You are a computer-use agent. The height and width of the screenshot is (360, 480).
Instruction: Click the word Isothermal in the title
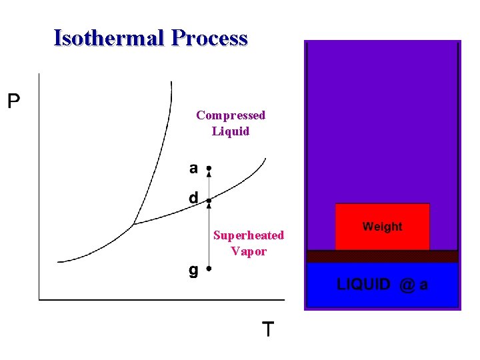point(109,38)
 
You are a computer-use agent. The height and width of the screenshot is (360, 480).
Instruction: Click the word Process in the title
point(209,38)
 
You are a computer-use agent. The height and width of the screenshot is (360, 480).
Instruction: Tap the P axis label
point(13,101)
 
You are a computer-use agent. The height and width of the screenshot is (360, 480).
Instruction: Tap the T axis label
point(267,329)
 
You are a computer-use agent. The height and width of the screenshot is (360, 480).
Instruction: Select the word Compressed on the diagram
point(231,115)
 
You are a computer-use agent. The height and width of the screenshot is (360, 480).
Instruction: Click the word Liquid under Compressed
point(231,131)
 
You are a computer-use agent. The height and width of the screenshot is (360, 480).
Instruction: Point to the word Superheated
point(248,235)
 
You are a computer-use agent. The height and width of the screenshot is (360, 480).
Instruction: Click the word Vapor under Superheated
point(248,251)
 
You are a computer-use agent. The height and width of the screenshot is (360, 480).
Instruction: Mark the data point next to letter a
point(209,168)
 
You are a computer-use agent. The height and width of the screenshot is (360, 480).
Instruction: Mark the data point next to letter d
point(209,200)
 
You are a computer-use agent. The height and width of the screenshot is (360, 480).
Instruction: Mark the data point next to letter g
point(209,269)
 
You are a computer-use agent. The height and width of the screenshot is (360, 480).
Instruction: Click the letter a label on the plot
point(193,169)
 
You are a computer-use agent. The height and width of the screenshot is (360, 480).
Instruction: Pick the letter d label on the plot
point(193,198)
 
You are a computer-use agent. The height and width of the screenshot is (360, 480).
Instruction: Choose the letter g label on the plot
point(193,271)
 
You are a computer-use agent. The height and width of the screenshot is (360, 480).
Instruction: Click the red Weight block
point(382,227)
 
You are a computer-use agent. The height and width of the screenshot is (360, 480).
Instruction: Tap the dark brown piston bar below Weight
point(382,256)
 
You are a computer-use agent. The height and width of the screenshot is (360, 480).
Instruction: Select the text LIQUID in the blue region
point(364,285)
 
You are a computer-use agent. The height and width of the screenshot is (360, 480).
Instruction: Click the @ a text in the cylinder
point(414,285)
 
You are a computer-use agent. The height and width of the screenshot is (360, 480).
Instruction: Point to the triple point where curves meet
point(133,225)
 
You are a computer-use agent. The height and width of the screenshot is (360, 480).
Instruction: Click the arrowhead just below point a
point(209,175)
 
